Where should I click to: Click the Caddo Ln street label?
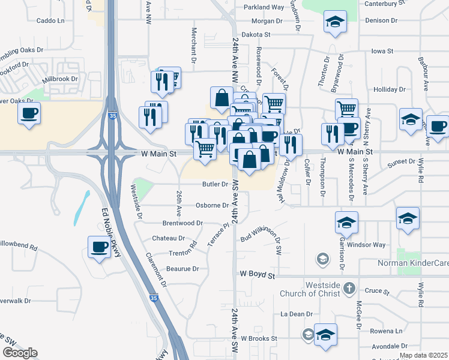pyautogui.click(x=50, y=20)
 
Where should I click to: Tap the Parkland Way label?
pyautogui.click(x=264, y=7)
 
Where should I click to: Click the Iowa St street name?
pyautogui.click(x=382, y=52)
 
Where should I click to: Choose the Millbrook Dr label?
pyautogui.click(x=60, y=79)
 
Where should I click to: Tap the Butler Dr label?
pyautogui.click(x=215, y=185)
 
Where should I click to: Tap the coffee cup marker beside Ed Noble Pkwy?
pyautogui.click(x=100, y=247)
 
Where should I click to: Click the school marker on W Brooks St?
pyautogui.click(x=325, y=335)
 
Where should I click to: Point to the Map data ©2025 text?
pyautogui.click(x=423, y=355)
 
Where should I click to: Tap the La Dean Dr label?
pyautogui.click(x=297, y=314)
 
